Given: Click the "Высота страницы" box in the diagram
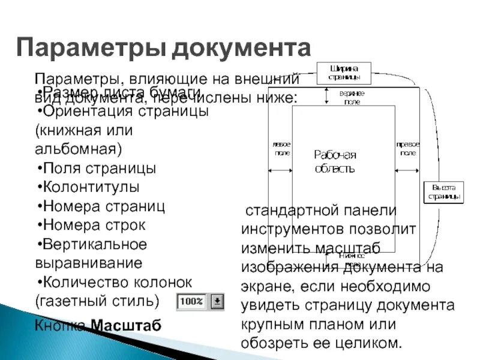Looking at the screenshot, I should pyautogui.click(x=444, y=192).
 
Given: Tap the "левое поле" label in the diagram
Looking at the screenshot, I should pyautogui.click(x=281, y=149).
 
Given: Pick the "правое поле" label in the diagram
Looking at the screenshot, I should pyautogui.click(x=407, y=149).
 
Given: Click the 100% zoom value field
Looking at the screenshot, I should pyautogui.click(x=192, y=301).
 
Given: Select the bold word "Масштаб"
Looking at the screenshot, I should pyautogui.click(x=126, y=326).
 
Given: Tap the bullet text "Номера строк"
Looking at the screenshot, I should pyautogui.click(x=94, y=225).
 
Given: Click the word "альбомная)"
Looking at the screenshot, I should pyautogui.click(x=77, y=148).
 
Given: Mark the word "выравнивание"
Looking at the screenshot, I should pyautogui.click(x=89, y=263).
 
